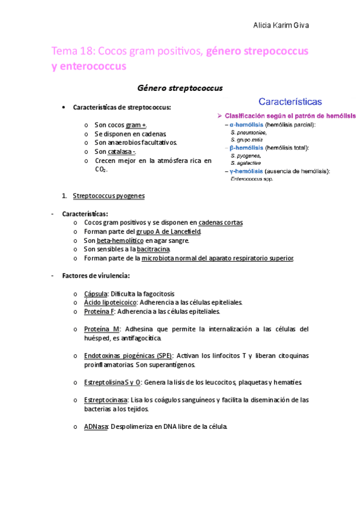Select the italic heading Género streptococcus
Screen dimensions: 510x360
click(180, 88)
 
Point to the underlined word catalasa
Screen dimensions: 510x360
click(120, 152)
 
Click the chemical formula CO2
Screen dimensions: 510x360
click(101, 170)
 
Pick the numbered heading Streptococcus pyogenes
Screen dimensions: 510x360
click(108, 195)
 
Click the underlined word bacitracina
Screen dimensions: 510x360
click(151, 249)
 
